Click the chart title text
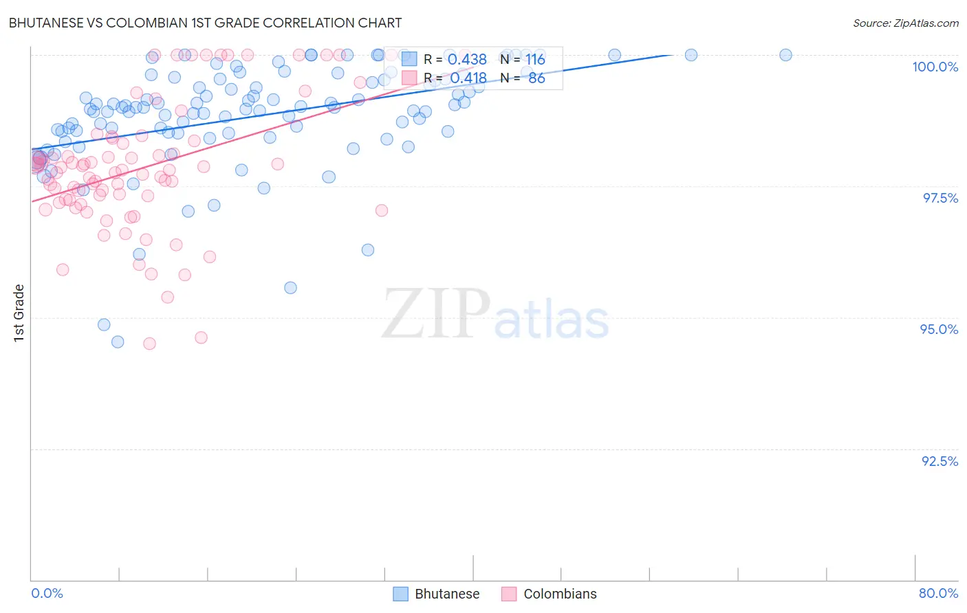(x=205, y=23)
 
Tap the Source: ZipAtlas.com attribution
(x=905, y=23)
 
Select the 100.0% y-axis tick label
(x=935, y=67)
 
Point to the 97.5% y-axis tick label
(x=939, y=198)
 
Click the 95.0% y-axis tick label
(x=939, y=329)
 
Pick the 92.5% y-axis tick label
(x=939, y=461)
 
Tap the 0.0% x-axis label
(x=47, y=593)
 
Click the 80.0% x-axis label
(x=938, y=593)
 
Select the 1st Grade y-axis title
(x=19, y=313)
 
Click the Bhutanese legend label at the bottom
(x=447, y=594)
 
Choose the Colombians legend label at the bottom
(x=560, y=594)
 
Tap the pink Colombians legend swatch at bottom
(x=509, y=594)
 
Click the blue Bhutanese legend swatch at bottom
(x=400, y=594)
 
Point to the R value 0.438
(x=467, y=60)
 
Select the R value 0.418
(x=468, y=78)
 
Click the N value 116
(x=535, y=60)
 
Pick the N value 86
(x=536, y=78)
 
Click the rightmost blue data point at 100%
(x=785, y=55)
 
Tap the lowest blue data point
(x=118, y=342)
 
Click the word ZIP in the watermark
(x=435, y=313)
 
